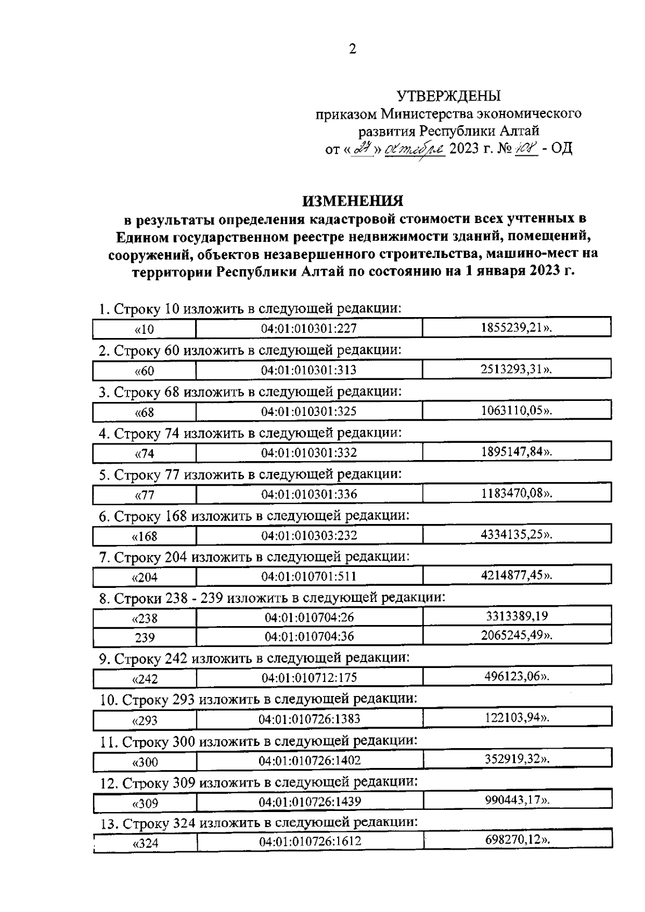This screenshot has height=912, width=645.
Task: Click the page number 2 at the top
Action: [x=353, y=49]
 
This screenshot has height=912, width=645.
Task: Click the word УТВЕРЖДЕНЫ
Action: [x=448, y=96]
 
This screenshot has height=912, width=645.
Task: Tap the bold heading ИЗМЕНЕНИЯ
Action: [x=353, y=201]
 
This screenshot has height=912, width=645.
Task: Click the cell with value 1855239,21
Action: [x=517, y=328]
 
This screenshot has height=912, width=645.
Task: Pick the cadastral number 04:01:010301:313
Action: [x=309, y=370]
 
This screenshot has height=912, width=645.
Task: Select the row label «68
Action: [x=144, y=412]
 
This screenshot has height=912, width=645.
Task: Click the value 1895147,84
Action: [x=517, y=451]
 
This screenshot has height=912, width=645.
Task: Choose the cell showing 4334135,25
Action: [x=517, y=535]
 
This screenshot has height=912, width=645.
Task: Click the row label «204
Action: [x=144, y=578]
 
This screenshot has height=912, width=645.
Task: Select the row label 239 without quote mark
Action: [x=145, y=637]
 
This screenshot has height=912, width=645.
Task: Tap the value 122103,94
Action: [x=517, y=718]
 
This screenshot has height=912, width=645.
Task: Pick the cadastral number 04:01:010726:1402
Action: [x=309, y=761]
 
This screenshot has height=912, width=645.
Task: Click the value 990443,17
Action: [x=517, y=801]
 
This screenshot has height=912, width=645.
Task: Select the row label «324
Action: [x=145, y=843]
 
